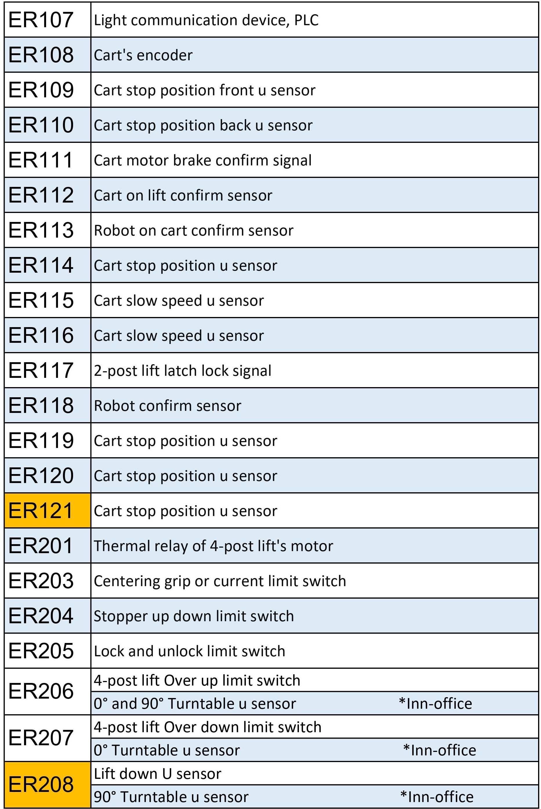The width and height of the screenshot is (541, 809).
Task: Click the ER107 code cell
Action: [48, 20]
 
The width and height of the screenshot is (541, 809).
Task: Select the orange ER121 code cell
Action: [48, 510]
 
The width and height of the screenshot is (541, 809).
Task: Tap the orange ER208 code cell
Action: [48, 785]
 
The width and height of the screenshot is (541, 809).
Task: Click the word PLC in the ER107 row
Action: [306, 20]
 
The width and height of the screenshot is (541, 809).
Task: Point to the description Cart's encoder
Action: [143, 55]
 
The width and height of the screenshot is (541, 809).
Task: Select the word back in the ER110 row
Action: [235, 125]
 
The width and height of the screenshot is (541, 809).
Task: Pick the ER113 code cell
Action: [48, 230]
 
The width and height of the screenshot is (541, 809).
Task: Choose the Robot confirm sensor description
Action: [168, 406]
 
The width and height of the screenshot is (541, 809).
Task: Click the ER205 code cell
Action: [48, 651]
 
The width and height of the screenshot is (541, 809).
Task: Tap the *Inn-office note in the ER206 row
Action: [435, 704]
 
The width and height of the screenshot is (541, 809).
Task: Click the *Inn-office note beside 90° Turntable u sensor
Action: [437, 797]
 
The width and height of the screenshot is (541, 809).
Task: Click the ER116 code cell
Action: [48, 335]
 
